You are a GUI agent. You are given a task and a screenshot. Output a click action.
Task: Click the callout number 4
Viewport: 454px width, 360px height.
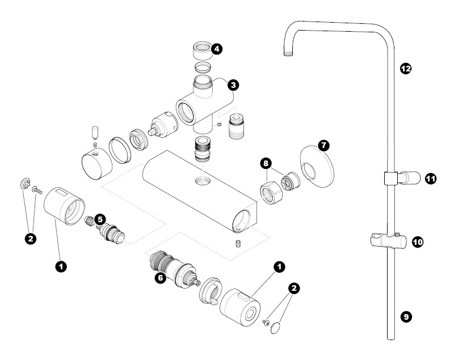pos(217,49)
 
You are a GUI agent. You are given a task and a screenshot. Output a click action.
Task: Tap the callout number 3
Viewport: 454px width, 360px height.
pos(233,85)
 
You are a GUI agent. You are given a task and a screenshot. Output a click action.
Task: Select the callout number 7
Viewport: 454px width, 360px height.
pos(323,145)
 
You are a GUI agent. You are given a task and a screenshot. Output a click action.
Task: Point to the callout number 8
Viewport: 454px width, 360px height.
pos(266,163)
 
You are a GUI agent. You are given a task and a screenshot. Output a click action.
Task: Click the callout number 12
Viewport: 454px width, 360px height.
pos(406,69)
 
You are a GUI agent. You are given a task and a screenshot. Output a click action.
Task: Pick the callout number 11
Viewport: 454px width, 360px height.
pos(431,179)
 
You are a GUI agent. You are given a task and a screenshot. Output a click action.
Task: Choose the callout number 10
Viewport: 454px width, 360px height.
pos(418,242)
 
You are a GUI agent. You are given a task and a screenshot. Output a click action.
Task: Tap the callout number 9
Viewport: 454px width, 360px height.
pos(406,317)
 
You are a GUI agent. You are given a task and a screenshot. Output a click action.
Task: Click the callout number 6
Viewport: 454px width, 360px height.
pos(160,278)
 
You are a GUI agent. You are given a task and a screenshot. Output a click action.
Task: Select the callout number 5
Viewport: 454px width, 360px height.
pos(100,219)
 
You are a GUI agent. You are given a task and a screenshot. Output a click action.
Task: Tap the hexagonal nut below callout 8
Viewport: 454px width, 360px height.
pos(272,192)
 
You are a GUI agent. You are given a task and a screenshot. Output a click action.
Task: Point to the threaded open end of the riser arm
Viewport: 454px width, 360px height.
pos(289,53)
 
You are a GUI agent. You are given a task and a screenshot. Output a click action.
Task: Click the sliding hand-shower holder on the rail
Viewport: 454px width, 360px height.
pos(389,241)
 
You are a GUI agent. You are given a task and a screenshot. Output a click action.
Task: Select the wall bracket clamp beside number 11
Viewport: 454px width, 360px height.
pos(402,178)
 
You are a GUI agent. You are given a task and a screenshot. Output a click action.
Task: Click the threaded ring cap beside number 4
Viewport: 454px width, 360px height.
pos(203,50)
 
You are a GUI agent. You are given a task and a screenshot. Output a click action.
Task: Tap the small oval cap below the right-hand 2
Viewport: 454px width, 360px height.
pos(276,328)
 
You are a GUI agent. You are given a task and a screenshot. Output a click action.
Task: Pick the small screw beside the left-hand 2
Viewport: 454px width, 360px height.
pos(37,190)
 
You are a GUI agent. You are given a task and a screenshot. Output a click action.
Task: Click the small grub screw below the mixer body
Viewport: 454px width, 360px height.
pos(238,243)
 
